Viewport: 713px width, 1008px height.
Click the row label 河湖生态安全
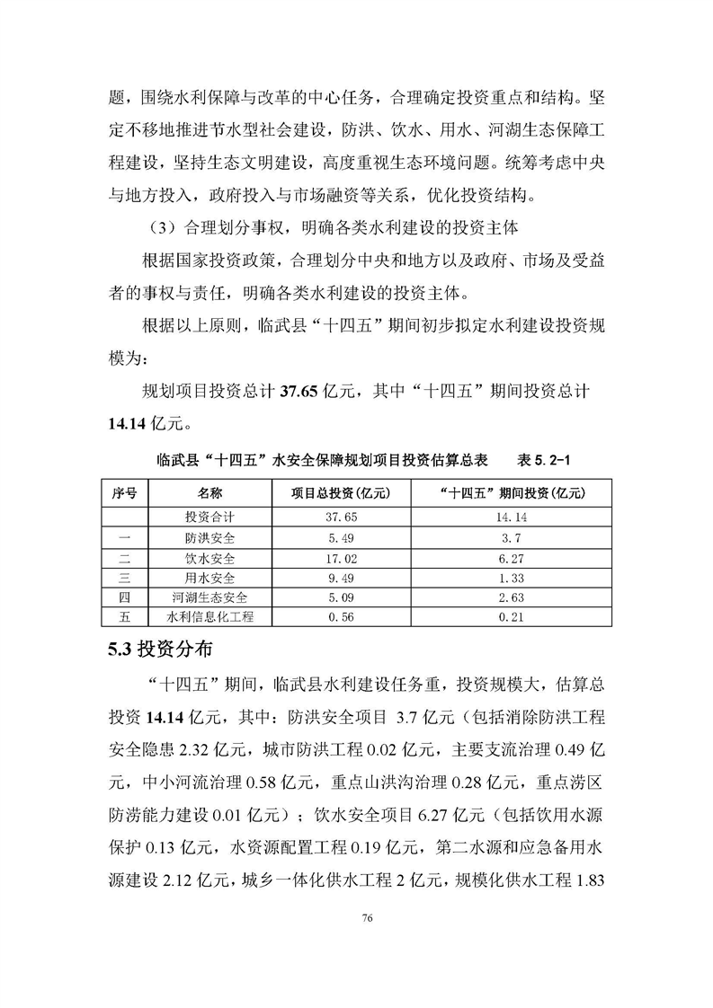click(x=209, y=597)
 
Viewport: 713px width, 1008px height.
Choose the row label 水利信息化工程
click(x=209, y=617)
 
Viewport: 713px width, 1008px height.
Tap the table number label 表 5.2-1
click(x=544, y=459)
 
